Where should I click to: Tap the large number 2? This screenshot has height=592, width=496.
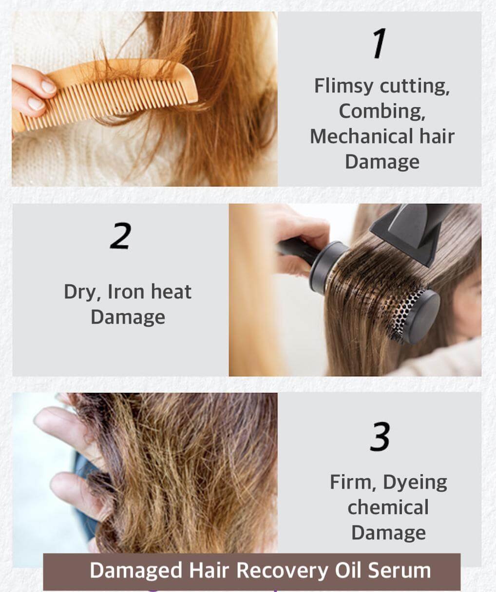[x=121, y=236]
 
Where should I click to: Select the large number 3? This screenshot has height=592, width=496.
[x=380, y=436]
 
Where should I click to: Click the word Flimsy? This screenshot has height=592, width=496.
[x=343, y=86]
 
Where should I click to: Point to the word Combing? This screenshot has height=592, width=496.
[x=382, y=111]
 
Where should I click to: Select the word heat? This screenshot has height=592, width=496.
[x=171, y=292]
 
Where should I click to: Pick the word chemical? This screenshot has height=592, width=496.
[x=388, y=507]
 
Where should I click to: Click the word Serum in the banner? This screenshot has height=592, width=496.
[x=399, y=570]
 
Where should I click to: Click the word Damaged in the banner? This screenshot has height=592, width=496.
[x=136, y=571]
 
